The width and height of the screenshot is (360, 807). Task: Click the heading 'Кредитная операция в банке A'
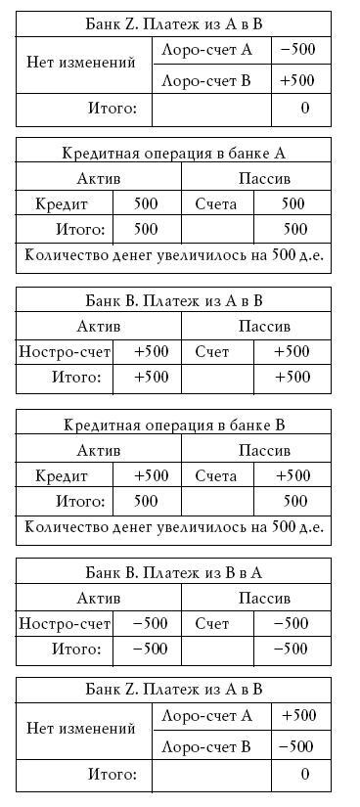pyautogui.click(x=173, y=153)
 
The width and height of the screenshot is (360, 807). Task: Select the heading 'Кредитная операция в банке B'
pyautogui.click(x=173, y=426)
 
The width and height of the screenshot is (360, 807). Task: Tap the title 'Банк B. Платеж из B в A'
pyautogui.click(x=173, y=572)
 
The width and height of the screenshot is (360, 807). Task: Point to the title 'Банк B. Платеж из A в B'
pyautogui.click(x=173, y=300)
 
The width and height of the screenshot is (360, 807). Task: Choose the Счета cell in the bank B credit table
pyautogui.click(x=216, y=476)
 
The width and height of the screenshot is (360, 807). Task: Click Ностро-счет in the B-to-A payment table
pyautogui.click(x=64, y=623)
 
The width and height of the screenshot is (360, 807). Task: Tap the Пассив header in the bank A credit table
pyautogui.click(x=264, y=179)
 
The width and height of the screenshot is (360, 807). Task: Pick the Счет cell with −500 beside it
pyautogui.click(x=212, y=623)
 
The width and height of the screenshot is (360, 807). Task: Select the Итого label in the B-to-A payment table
pyautogui.click(x=76, y=648)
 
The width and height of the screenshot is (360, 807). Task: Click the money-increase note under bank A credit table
pyautogui.click(x=173, y=255)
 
